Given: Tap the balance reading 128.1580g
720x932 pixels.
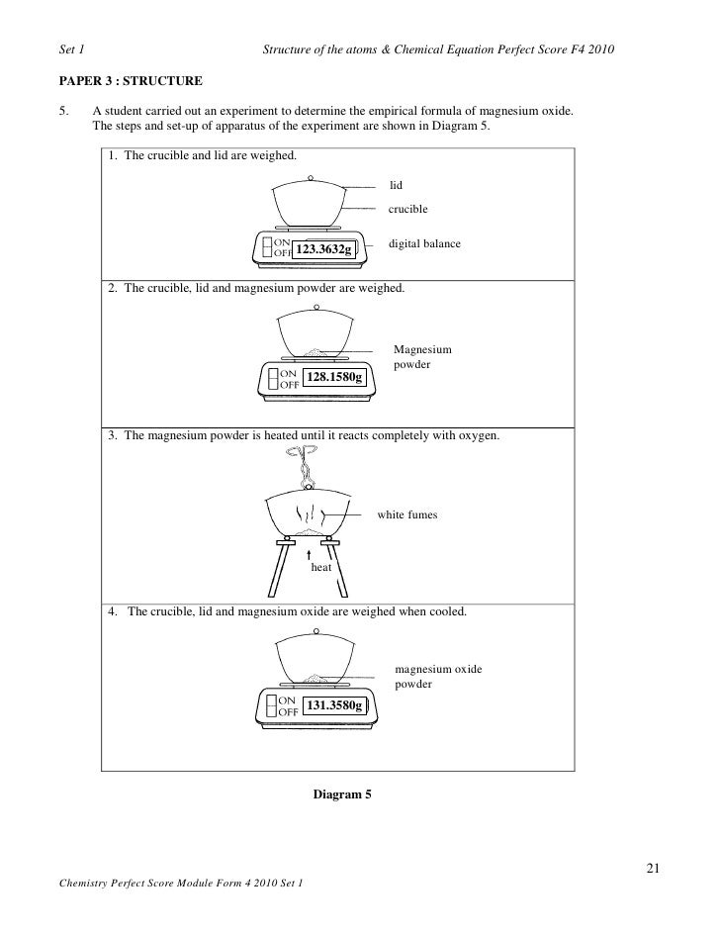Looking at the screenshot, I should pos(334,378).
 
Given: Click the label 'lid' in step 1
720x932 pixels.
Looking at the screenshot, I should pos(396,185).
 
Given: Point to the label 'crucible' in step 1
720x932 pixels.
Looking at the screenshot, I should pos(407,209).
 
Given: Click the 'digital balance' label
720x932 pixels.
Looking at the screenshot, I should pos(424,242).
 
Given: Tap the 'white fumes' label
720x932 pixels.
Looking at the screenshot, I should pos(407,515).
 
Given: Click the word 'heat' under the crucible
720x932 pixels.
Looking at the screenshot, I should pos(321,568).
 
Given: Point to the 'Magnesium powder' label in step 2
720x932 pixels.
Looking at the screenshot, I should pos(422,357).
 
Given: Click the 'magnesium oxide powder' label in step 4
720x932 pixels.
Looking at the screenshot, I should pos(438,677).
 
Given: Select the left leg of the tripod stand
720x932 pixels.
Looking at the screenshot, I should pos(272,580).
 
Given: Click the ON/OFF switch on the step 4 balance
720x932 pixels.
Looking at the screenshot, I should pos(272,705).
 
